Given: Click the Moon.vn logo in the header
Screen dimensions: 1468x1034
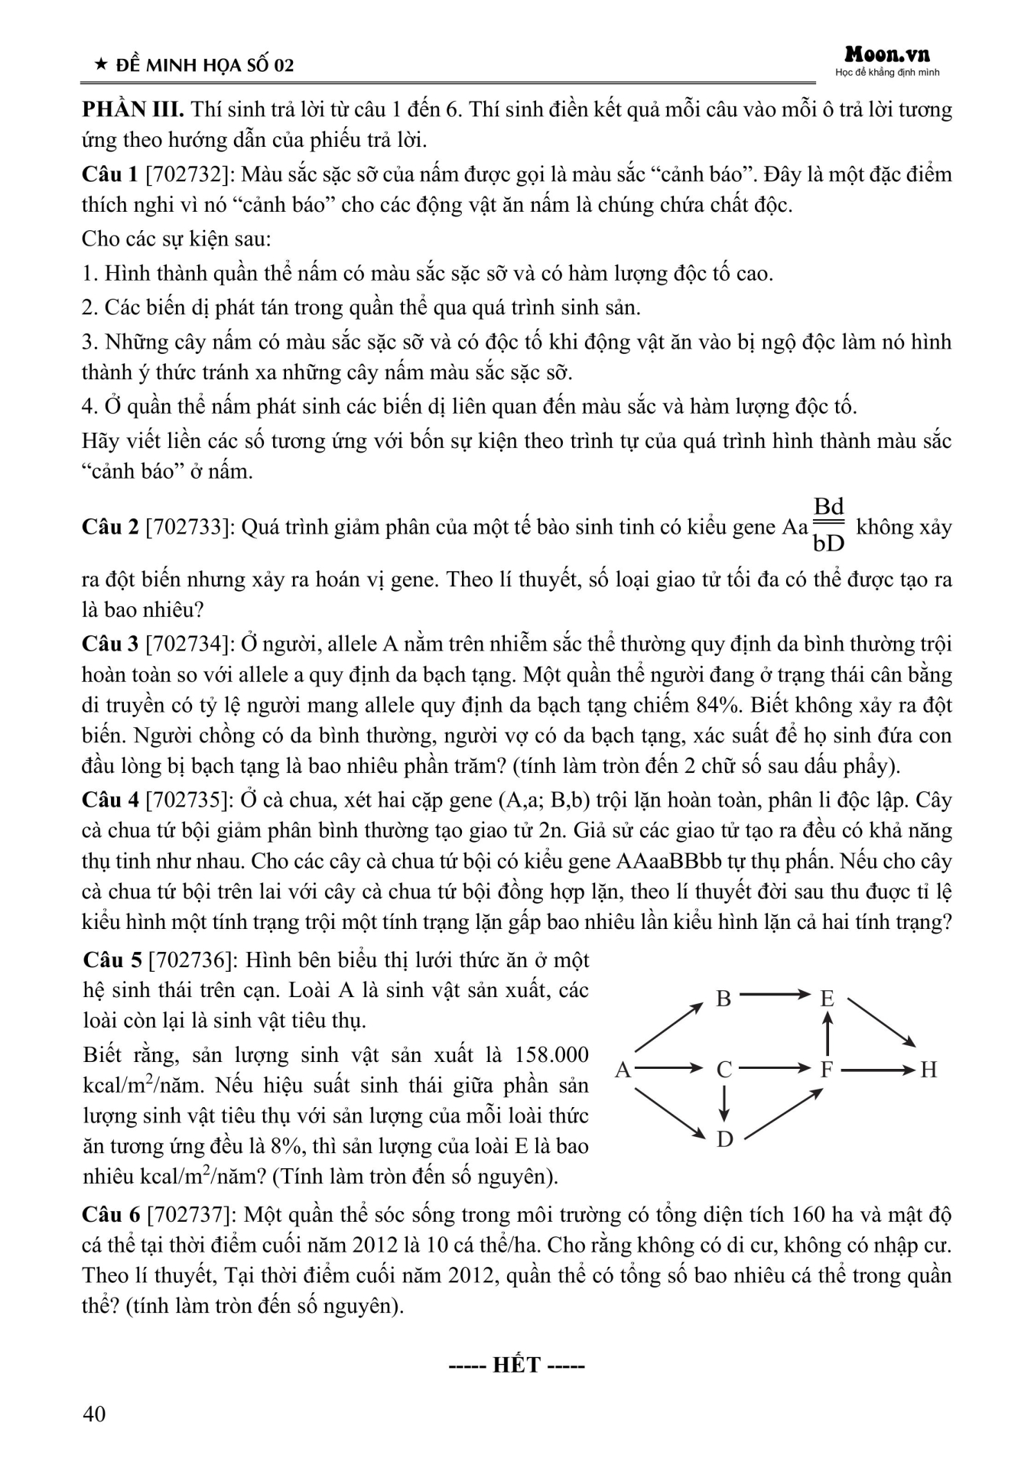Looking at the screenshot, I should pos(887,55).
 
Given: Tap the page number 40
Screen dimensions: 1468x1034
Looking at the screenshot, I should pos(94,1414).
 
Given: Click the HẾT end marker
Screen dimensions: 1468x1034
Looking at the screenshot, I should pos(517,1365).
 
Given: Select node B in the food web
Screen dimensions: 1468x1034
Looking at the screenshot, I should pos(723,999).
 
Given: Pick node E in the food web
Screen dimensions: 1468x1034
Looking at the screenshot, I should pos(827,999).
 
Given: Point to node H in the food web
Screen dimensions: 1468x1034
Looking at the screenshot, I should pos(928,1069).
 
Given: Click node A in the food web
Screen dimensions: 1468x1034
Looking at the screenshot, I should pos(623,1069).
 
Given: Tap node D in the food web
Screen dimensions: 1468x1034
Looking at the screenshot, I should pos(724,1139).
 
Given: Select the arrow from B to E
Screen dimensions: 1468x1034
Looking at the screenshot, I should pos(775,995).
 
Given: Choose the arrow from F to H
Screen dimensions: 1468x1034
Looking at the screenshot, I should pos(877,1069).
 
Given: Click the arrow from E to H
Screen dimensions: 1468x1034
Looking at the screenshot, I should pos(881,1022).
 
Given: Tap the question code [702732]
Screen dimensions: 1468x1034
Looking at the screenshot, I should pos(188,174).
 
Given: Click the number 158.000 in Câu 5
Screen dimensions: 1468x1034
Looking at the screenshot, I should pos(552,1055).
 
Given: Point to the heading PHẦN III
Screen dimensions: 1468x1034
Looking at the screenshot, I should pos(132,109).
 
